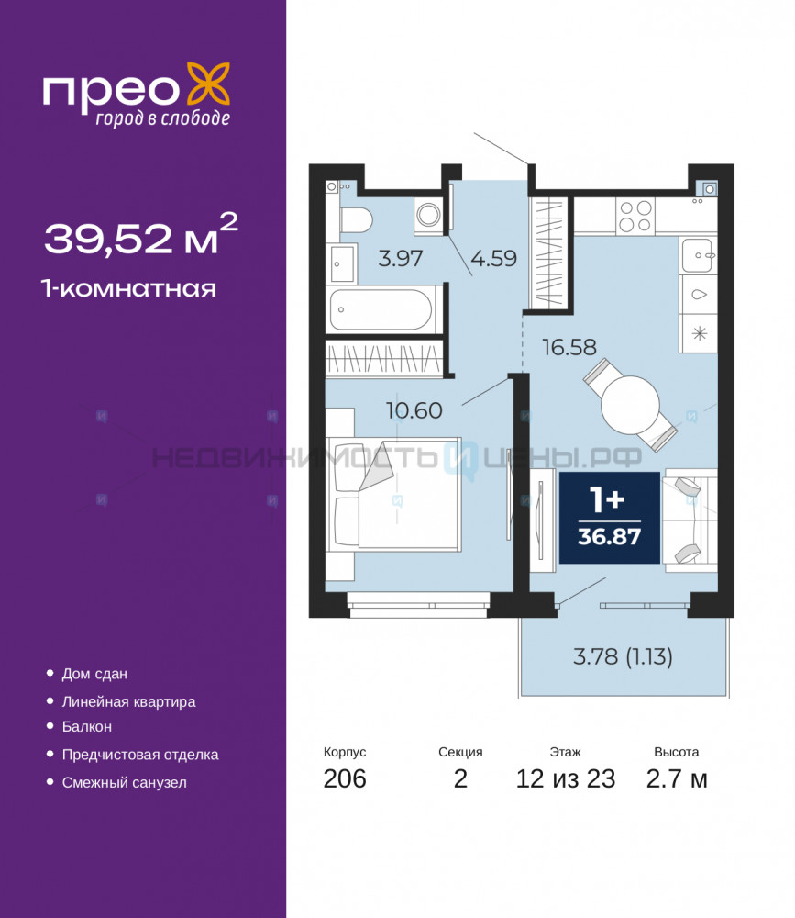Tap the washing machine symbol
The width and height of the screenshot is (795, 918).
pyautogui.click(x=429, y=214)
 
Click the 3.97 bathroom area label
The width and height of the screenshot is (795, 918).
pyautogui.click(x=400, y=258)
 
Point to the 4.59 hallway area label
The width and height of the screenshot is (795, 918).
pyautogui.click(x=493, y=258)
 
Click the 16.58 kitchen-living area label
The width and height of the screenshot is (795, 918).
pyautogui.click(x=569, y=347)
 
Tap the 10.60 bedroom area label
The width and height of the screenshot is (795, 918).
pyautogui.click(x=414, y=410)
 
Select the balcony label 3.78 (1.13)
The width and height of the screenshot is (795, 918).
pyautogui.click(x=623, y=657)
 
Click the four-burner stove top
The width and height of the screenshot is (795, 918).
pyautogui.click(x=635, y=216)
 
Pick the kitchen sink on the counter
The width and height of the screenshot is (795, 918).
pyautogui.click(x=698, y=254)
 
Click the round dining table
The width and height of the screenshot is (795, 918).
pyautogui.click(x=631, y=405)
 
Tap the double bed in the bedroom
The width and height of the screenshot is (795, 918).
pyautogui.click(x=394, y=494)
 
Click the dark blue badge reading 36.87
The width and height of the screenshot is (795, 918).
pyautogui.click(x=610, y=518)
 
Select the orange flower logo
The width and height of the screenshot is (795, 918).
pyautogui.click(x=208, y=85)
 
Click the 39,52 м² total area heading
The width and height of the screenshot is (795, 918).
pyautogui.click(x=141, y=235)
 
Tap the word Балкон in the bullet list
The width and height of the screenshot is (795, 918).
pyautogui.click(x=86, y=726)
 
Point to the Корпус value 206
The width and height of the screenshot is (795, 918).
pyautogui.click(x=345, y=778)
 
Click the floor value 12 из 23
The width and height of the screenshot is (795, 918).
pyautogui.click(x=566, y=778)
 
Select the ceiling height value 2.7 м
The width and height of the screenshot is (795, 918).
pyautogui.click(x=677, y=778)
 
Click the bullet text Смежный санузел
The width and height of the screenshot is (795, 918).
pyautogui.click(x=125, y=783)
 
